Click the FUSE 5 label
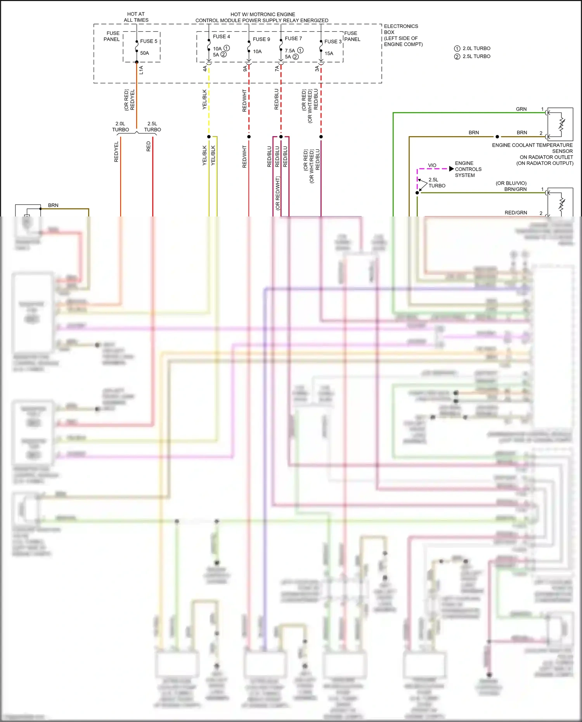click(x=149, y=41)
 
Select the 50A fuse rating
click(x=144, y=53)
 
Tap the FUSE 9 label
click(x=261, y=39)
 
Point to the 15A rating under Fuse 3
click(x=329, y=54)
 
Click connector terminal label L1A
click(x=141, y=70)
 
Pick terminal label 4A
click(x=205, y=68)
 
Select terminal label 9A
click(x=245, y=68)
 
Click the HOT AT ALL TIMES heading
click(x=136, y=17)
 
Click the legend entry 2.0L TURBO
click(x=476, y=48)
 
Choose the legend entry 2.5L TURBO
click(x=476, y=56)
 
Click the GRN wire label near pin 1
click(x=521, y=109)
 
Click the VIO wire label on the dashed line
click(x=432, y=165)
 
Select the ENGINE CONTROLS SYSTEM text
click(x=468, y=169)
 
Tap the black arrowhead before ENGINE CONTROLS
click(x=451, y=169)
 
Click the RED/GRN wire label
click(x=516, y=213)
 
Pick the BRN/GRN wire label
click(x=515, y=189)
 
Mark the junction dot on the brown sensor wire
click(x=497, y=137)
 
